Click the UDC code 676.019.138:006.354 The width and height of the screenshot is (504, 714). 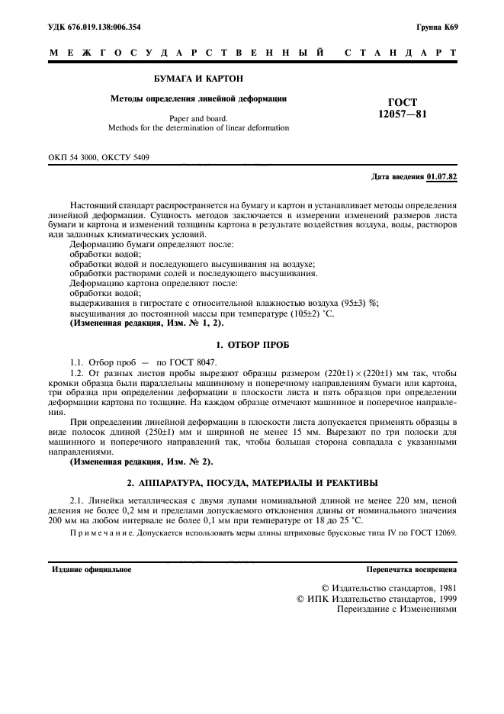[x=110, y=27]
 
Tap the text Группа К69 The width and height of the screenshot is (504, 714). [x=436, y=27]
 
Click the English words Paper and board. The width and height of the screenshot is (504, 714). [x=198, y=118]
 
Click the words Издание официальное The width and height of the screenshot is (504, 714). [x=91, y=569]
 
